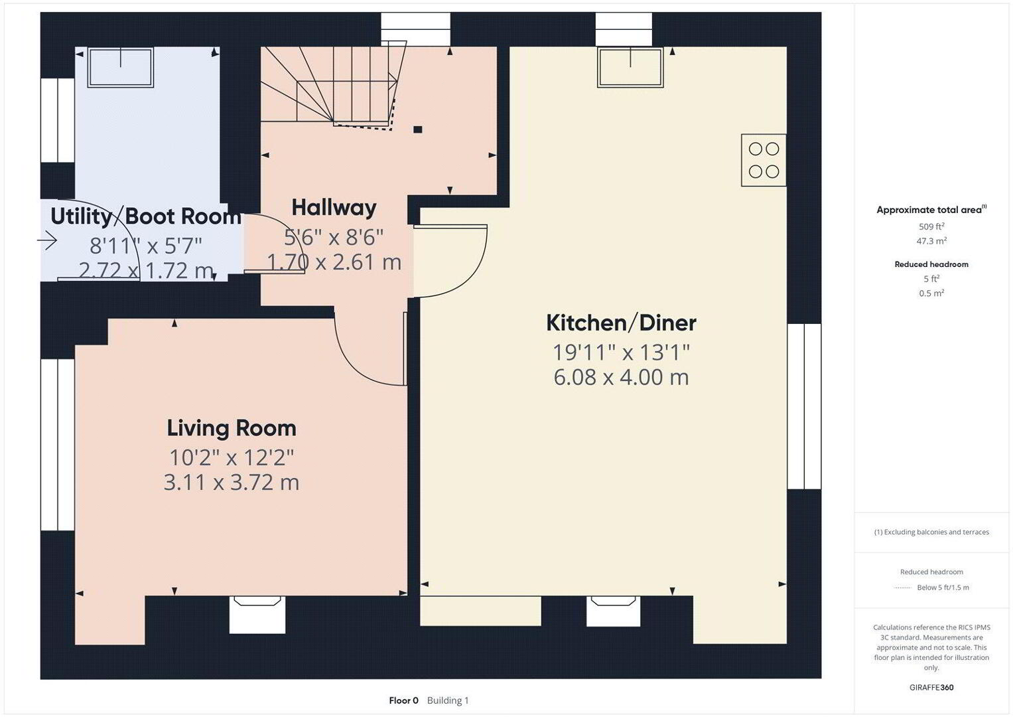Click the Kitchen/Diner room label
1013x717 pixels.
pyautogui.click(x=621, y=323)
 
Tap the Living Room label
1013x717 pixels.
pyautogui.click(x=232, y=429)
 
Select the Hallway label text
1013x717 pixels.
pyautogui.click(x=334, y=208)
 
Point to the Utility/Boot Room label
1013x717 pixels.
pyautogui.click(x=146, y=216)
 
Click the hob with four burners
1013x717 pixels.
pyautogui.click(x=764, y=160)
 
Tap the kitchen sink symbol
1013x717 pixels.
pyautogui.click(x=630, y=67)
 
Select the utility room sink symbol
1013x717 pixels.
pyautogui.click(x=120, y=67)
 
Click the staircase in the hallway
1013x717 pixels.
pyautogui.click(x=329, y=86)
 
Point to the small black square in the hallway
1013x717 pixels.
pyautogui.click(x=418, y=129)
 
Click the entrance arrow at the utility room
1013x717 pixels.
pyautogui.click(x=47, y=240)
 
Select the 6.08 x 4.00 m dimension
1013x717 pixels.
pyautogui.click(x=621, y=377)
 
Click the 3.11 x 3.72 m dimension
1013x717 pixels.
pyautogui.click(x=232, y=482)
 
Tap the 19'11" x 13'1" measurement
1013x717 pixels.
pyautogui.click(x=622, y=352)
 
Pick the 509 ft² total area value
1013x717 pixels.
pyautogui.click(x=931, y=226)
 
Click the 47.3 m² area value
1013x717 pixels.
pyautogui.click(x=931, y=241)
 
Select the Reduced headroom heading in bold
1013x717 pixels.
pyautogui.click(x=931, y=264)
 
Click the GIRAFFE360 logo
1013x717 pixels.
pyautogui.click(x=931, y=688)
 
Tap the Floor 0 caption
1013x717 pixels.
pyautogui.click(x=403, y=700)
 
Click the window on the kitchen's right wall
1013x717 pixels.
pyautogui.click(x=804, y=406)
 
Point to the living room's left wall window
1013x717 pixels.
pyautogui.click(x=58, y=445)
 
